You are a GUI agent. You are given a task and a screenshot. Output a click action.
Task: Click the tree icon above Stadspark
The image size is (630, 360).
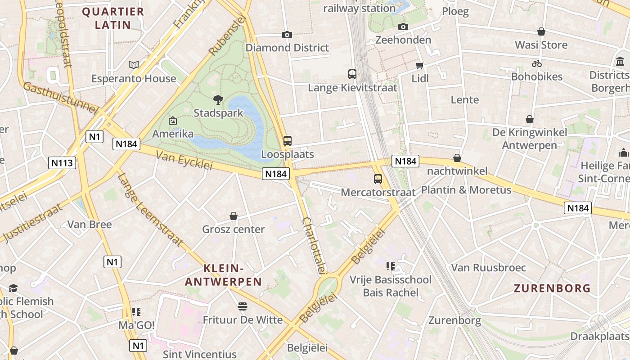(x=218, y=99)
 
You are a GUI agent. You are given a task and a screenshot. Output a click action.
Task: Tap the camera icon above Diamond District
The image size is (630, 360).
(x=287, y=35)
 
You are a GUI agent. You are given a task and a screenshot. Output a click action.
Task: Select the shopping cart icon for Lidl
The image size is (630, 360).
(x=420, y=66)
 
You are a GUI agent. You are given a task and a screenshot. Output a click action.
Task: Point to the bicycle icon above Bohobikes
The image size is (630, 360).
(x=536, y=63)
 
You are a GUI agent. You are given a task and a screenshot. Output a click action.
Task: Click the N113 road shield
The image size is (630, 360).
(x=62, y=162)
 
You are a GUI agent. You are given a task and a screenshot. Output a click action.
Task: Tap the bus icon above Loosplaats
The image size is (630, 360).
(x=288, y=140)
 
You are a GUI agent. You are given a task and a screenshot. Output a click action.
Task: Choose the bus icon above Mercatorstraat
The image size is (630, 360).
(x=378, y=179)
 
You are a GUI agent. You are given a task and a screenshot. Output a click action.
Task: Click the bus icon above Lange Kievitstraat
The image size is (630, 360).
(x=352, y=74)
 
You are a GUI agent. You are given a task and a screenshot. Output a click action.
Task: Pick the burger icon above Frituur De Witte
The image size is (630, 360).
(x=243, y=306)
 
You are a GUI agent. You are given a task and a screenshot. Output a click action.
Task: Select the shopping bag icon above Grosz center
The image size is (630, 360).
(x=234, y=216)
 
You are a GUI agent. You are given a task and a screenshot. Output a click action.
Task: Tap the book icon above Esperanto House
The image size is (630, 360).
(x=134, y=65)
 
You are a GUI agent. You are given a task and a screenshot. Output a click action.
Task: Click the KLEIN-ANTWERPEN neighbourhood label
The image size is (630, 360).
(x=224, y=275)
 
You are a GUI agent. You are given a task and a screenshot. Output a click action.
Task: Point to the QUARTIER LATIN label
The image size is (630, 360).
(x=113, y=18)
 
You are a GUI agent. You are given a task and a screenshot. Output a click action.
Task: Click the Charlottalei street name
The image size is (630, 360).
(x=314, y=245)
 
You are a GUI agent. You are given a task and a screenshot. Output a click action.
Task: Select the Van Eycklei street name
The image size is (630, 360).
(x=184, y=160)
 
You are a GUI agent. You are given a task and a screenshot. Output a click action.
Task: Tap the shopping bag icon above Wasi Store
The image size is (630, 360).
(x=541, y=31)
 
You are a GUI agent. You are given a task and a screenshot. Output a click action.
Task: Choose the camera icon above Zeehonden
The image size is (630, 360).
(x=403, y=27)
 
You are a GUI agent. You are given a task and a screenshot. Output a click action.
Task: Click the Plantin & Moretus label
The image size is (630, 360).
(x=466, y=190)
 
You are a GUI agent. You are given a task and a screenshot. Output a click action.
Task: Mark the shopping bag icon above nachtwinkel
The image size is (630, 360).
(x=457, y=158)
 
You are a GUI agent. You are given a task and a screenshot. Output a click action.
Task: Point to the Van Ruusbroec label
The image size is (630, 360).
(x=488, y=268)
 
